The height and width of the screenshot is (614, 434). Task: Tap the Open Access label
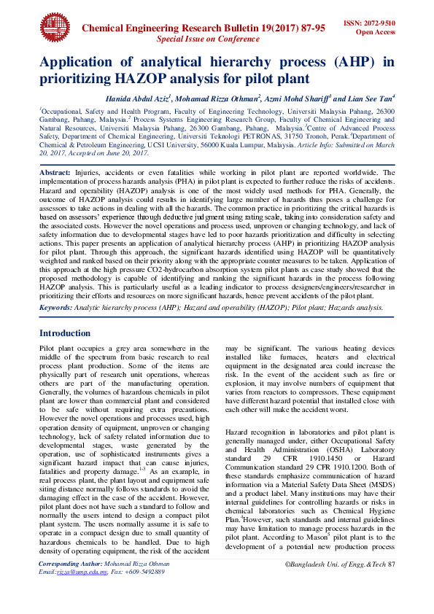click(375, 33)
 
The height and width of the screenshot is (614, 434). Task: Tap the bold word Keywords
click(55, 308)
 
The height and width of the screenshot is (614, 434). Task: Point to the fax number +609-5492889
click(147, 592)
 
